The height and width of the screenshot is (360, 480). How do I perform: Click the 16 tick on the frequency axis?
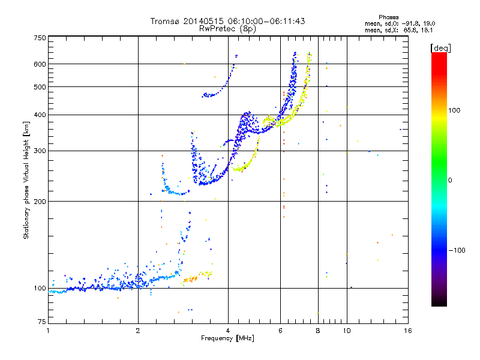[407, 331]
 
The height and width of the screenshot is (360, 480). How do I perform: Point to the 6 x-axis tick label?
[280, 331]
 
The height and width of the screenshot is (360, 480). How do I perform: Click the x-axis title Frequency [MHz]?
[227, 339]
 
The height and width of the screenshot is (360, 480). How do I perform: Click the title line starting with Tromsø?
[227, 21]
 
